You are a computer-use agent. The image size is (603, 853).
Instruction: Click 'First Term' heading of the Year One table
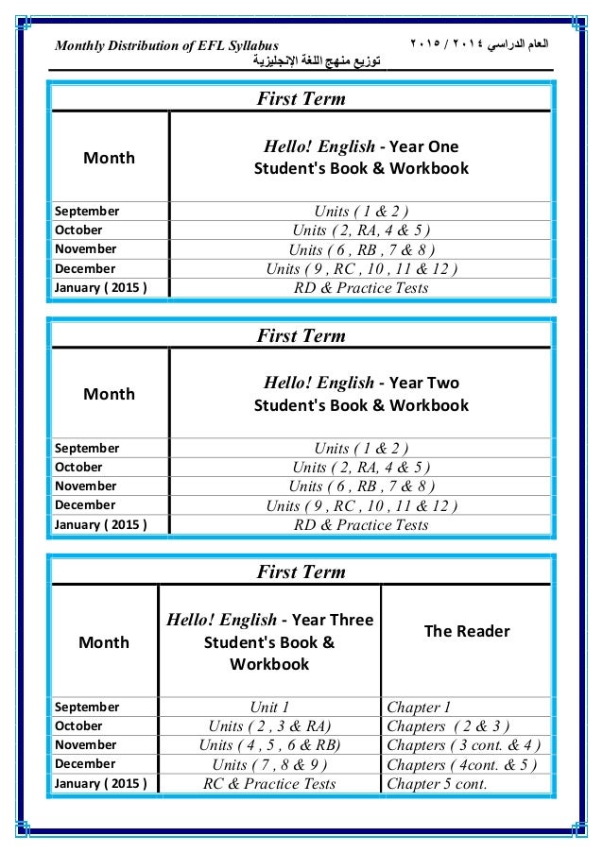click(301, 99)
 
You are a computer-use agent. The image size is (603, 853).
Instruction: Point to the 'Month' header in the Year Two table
click(109, 394)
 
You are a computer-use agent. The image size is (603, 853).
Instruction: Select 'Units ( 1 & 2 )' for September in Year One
click(361, 211)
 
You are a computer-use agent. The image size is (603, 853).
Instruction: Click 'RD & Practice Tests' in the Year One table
click(361, 288)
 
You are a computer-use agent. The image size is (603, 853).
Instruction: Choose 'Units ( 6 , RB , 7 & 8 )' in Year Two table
click(361, 486)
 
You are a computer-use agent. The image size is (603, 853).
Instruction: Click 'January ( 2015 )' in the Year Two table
click(100, 524)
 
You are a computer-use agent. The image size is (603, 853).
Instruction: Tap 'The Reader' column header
click(467, 631)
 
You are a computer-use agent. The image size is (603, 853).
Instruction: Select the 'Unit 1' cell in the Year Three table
click(269, 707)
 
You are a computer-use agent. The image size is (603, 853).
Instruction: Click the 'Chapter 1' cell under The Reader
click(420, 707)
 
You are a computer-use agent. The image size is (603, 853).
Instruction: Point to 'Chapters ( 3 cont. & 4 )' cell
click(464, 745)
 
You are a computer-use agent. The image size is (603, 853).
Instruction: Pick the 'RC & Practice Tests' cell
click(269, 783)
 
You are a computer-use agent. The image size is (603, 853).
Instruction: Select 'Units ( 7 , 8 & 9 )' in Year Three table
click(269, 764)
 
